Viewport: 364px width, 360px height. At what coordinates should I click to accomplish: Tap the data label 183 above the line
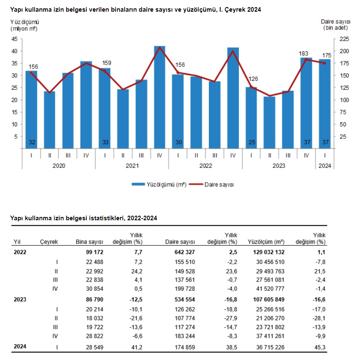(x=304, y=53)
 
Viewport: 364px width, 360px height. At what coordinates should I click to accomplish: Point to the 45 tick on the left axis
(x=14, y=39)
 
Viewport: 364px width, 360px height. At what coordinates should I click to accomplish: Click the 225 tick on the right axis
(x=345, y=39)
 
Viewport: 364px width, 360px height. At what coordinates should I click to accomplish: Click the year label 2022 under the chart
(x=205, y=166)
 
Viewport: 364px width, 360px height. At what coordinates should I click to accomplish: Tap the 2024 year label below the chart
(x=325, y=166)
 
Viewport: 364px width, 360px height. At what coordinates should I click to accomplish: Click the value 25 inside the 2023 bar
(x=251, y=143)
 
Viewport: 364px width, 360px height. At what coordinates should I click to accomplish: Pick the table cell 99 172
(x=93, y=252)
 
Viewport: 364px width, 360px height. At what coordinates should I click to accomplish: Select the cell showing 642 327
(x=184, y=252)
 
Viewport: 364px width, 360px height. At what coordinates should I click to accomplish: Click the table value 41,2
(x=137, y=347)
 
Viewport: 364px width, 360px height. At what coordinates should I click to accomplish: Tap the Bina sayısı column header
(x=89, y=242)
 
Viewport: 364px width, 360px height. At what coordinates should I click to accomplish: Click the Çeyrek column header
(x=49, y=242)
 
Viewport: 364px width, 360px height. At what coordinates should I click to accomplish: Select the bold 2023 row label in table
(x=20, y=300)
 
